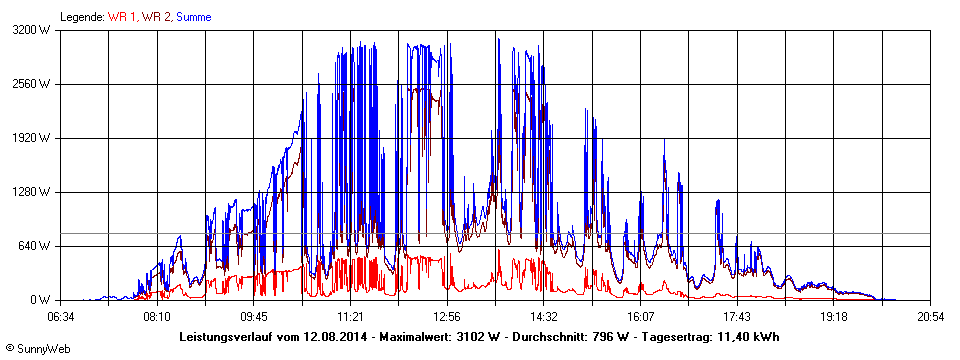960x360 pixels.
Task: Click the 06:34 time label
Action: tap(61, 316)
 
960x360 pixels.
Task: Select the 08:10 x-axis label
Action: tap(157, 316)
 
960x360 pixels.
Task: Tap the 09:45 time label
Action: tap(254, 316)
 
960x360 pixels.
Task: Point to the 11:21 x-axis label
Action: tap(350, 316)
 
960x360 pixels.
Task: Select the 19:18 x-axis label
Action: tap(834, 316)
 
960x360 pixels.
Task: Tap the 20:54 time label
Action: tap(930, 316)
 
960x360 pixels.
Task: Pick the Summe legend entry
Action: tap(194, 16)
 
